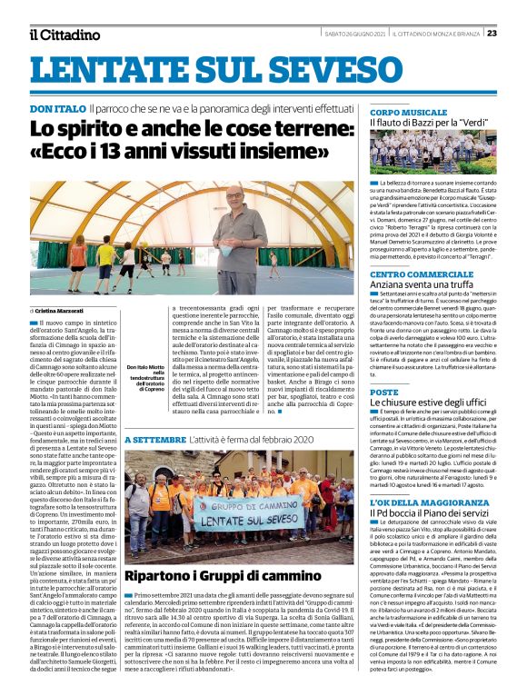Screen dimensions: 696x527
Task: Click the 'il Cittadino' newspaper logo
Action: (x=64, y=35)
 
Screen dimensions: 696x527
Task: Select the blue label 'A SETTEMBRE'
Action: (x=154, y=441)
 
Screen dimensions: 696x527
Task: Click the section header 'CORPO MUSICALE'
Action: (x=409, y=112)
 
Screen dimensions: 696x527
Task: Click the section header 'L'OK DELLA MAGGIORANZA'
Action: (x=425, y=502)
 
